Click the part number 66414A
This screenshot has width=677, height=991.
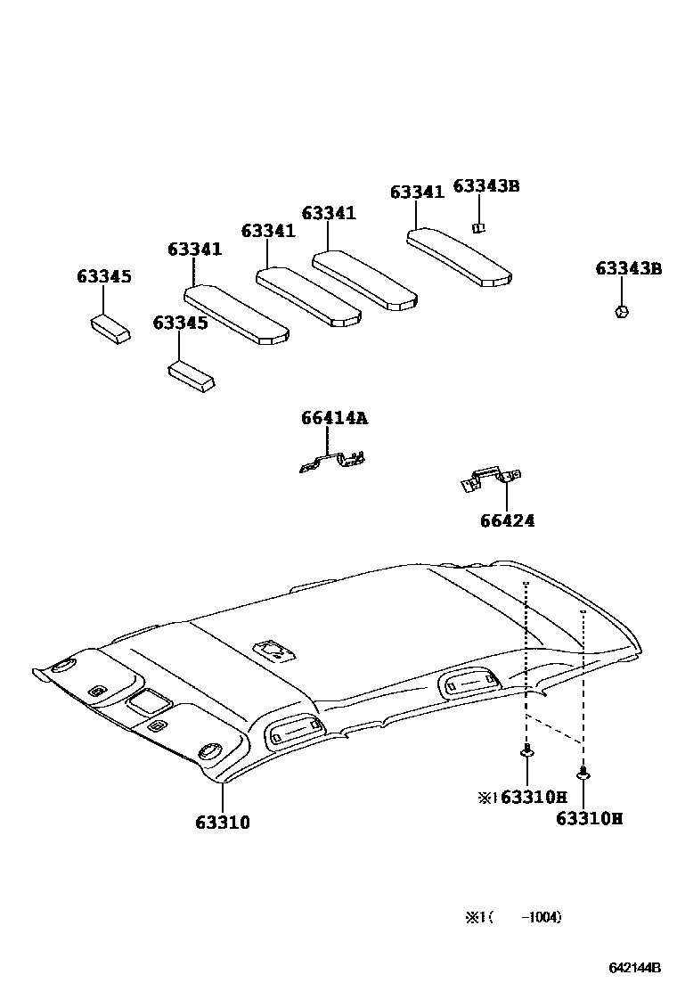tap(333, 419)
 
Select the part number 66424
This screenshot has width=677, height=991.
tap(506, 520)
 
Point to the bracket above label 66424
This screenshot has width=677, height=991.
tap(490, 479)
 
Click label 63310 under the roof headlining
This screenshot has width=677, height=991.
tap(223, 823)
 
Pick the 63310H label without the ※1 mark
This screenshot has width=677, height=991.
tap(589, 818)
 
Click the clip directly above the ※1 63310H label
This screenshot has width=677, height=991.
tap(527, 752)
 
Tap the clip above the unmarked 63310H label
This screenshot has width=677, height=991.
tap(583, 774)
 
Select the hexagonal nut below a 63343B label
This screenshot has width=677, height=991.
tap(622, 311)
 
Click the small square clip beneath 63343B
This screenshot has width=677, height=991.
tap(478, 226)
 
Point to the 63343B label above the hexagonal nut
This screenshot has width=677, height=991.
tap(629, 268)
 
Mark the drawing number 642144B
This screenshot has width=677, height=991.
tap(634, 968)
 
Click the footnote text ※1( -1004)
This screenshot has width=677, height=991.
tap(512, 917)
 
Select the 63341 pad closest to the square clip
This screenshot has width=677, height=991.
tap(460, 257)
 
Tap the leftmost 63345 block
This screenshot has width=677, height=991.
tap(110, 327)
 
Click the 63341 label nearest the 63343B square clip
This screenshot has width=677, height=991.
tap(417, 192)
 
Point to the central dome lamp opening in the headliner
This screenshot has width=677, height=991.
tap(273, 650)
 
